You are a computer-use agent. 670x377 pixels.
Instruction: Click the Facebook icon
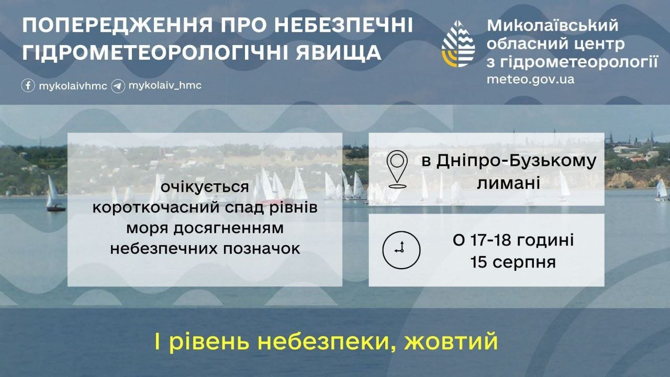click(x=28, y=85)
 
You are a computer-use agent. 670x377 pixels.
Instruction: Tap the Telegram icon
click(x=118, y=86)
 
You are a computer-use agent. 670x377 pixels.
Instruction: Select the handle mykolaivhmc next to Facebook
click(x=73, y=86)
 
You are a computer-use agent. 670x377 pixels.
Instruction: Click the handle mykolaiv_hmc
click(x=165, y=86)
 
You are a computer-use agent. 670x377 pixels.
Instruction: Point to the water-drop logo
click(x=458, y=43)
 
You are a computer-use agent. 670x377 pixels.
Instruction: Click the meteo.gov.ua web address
click(x=530, y=80)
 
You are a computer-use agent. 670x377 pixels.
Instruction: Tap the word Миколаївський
click(x=552, y=26)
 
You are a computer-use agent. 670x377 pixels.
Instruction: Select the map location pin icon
click(x=397, y=169)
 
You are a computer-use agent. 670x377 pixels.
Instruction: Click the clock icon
click(x=401, y=250)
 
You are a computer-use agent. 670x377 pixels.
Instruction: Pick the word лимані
click(x=508, y=183)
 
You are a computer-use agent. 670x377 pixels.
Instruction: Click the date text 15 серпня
click(x=513, y=262)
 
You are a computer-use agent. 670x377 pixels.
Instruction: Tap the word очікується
click(x=205, y=187)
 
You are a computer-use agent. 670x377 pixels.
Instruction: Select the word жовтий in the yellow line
click(x=451, y=341)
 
